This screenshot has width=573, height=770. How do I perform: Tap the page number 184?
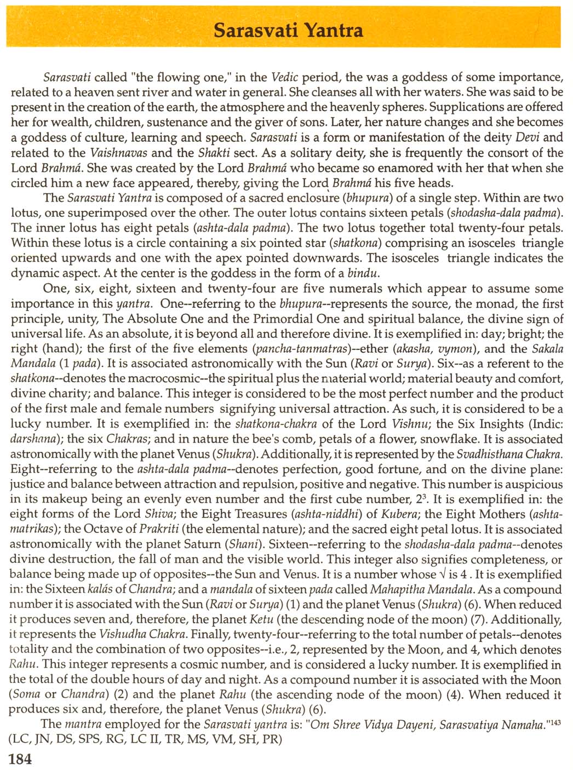[x=21, y=758]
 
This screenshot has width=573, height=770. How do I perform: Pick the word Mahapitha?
[x=397, y=589]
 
